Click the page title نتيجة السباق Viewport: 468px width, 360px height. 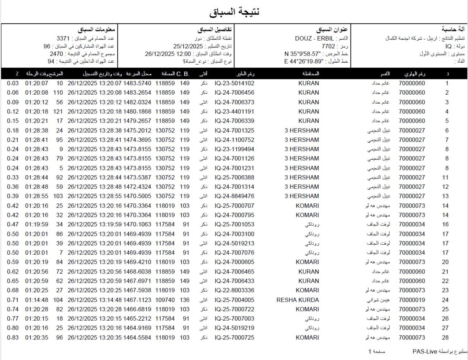click(234, 12)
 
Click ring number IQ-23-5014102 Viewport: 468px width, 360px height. click(234, 83)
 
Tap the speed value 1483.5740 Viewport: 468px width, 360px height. click(137, 83)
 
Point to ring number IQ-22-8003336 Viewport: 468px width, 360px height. click(234, 291)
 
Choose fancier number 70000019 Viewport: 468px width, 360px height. click(412, 300)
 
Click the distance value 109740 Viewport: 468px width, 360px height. click(165, 300)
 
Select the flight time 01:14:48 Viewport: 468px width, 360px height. click(37, 300)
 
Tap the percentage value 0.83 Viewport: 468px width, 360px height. click(12, 337)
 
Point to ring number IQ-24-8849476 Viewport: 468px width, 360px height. click(234, 196)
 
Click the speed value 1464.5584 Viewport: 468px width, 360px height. click(137, 337)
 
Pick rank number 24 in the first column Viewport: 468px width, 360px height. click(445, 300)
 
